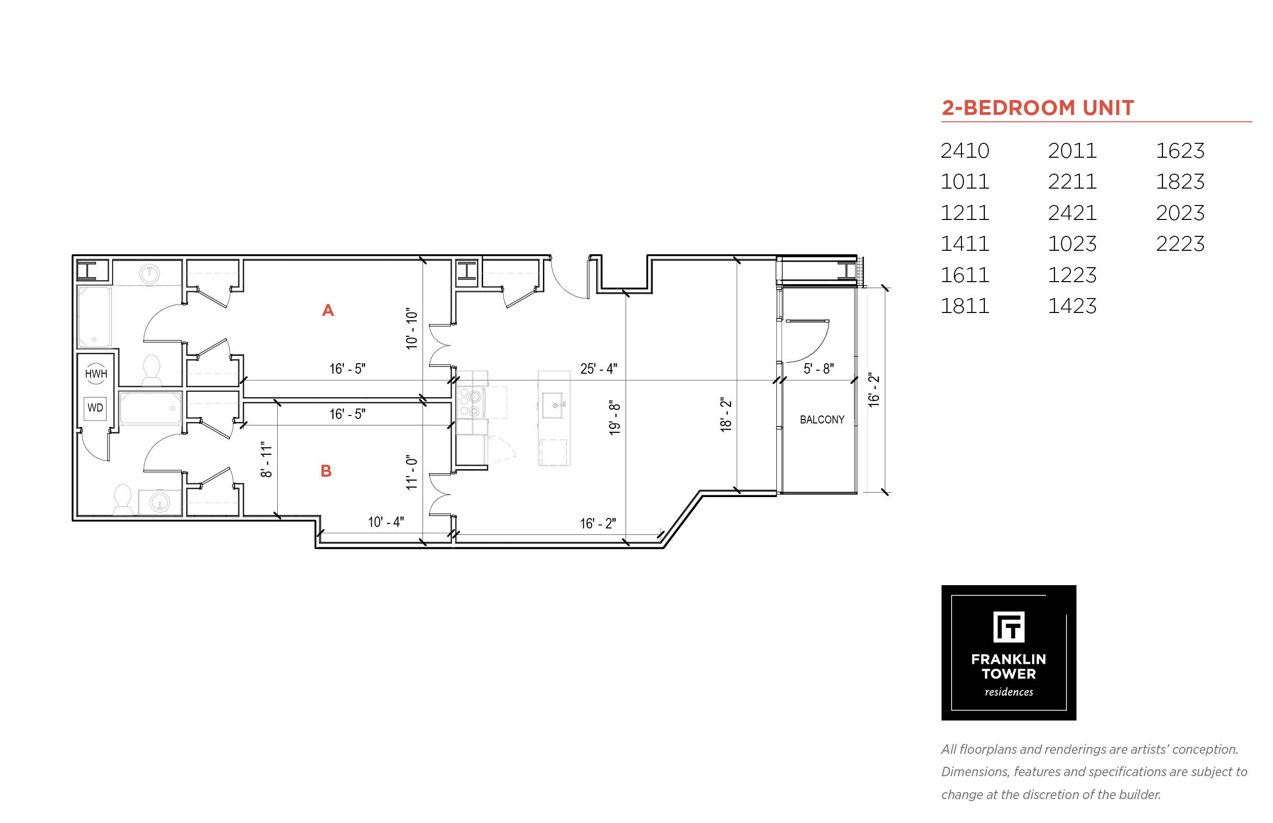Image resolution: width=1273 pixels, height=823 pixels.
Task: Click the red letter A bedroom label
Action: click(327, 310)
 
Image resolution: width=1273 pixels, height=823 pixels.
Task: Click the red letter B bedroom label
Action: click(326, 471)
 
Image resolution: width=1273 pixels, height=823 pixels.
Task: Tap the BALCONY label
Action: click(822, 420)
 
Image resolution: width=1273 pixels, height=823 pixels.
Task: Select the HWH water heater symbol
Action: click(96, 374)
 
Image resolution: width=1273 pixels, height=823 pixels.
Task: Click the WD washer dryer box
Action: click(95, 408)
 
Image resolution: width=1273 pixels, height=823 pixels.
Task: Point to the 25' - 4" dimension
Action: click(599, 369)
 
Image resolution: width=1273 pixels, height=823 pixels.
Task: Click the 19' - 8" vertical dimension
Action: click(615, 417)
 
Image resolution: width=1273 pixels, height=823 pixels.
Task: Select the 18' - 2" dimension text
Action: click(726, 414)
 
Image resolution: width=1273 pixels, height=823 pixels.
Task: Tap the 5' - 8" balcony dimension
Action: click(819, 369)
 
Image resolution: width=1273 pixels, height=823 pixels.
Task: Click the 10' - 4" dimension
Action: click(386, 522)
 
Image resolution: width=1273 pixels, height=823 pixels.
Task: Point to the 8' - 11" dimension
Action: click(266, 459)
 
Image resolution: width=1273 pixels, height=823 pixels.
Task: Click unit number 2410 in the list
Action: click(964, 151)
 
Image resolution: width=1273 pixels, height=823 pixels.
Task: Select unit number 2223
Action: click(1180, 244)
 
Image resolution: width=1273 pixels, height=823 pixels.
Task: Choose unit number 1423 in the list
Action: click(1071, 306)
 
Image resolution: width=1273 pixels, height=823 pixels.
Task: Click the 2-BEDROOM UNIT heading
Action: click(1037, 108)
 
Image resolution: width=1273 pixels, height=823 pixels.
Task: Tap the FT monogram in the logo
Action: click(1008, 627)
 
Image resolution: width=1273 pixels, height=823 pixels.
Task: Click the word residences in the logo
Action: click(1008, 692)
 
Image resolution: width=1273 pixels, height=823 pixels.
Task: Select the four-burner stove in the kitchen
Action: click(471, 402)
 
